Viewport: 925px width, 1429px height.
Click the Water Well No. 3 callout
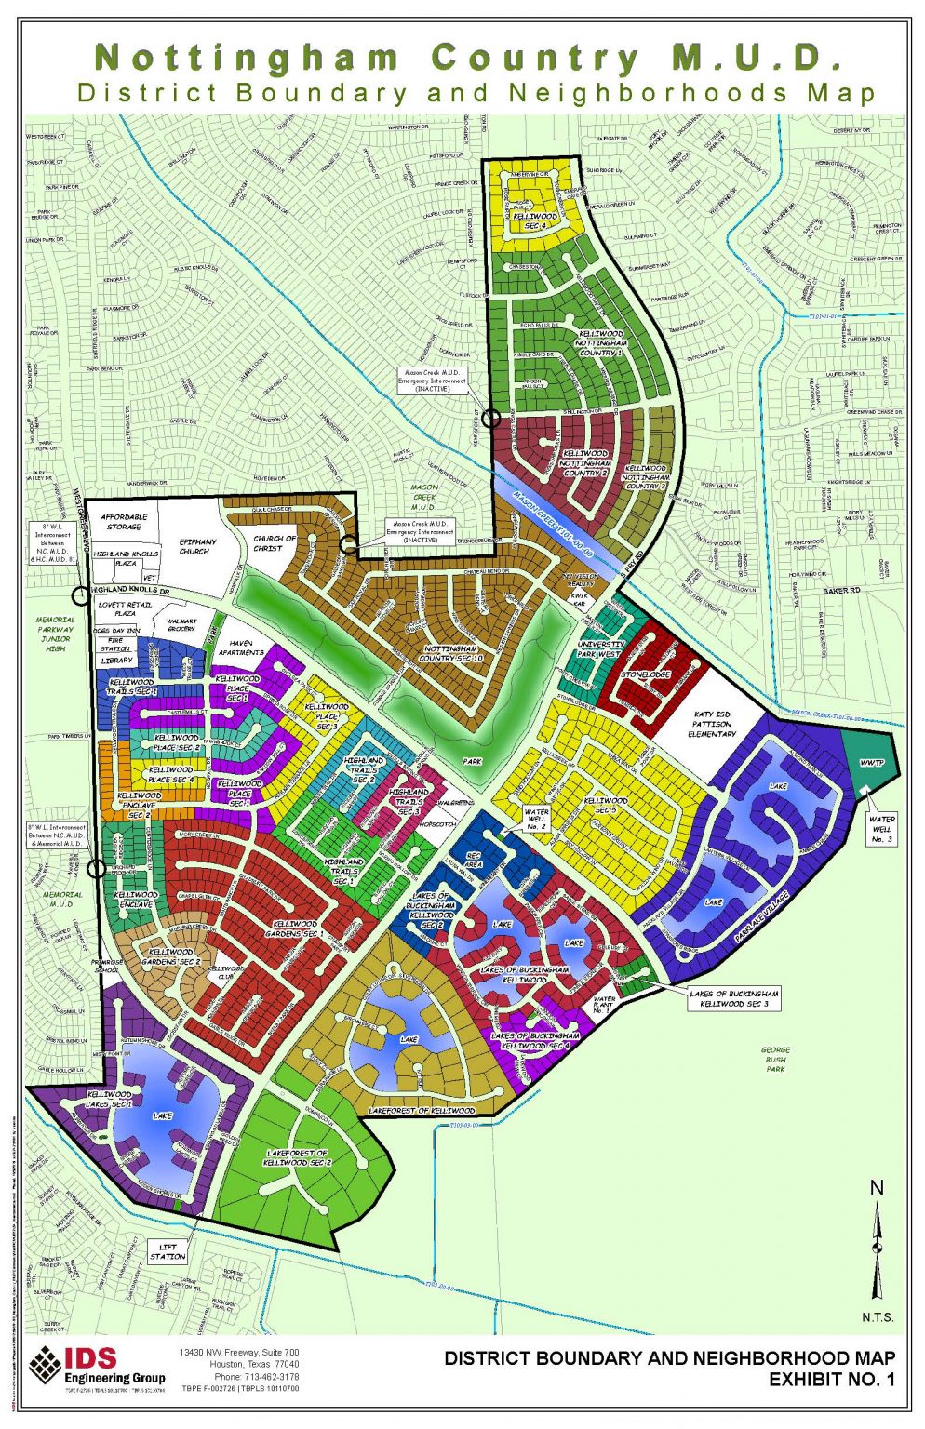pyautogui.click(x=881, y=828)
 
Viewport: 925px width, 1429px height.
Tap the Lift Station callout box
pyautogui.click(x=168, y=1251)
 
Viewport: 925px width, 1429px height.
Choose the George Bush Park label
pyautogui.click(x=774, y=1059)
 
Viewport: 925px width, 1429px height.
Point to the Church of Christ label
pyautogui.click(x=275, y=542)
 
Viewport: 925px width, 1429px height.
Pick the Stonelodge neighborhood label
pyautogui.click(x=646, y=674)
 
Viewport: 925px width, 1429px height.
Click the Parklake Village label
pyautogui.click(x=762, y=916)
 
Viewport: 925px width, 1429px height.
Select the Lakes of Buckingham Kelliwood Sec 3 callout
pyautogui.click(x=732, y=999)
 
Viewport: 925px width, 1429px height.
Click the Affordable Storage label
pyautogui.click(x=123, y=522)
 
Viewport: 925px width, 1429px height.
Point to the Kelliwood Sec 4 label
pyautogui.click(x=534, y=221)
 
